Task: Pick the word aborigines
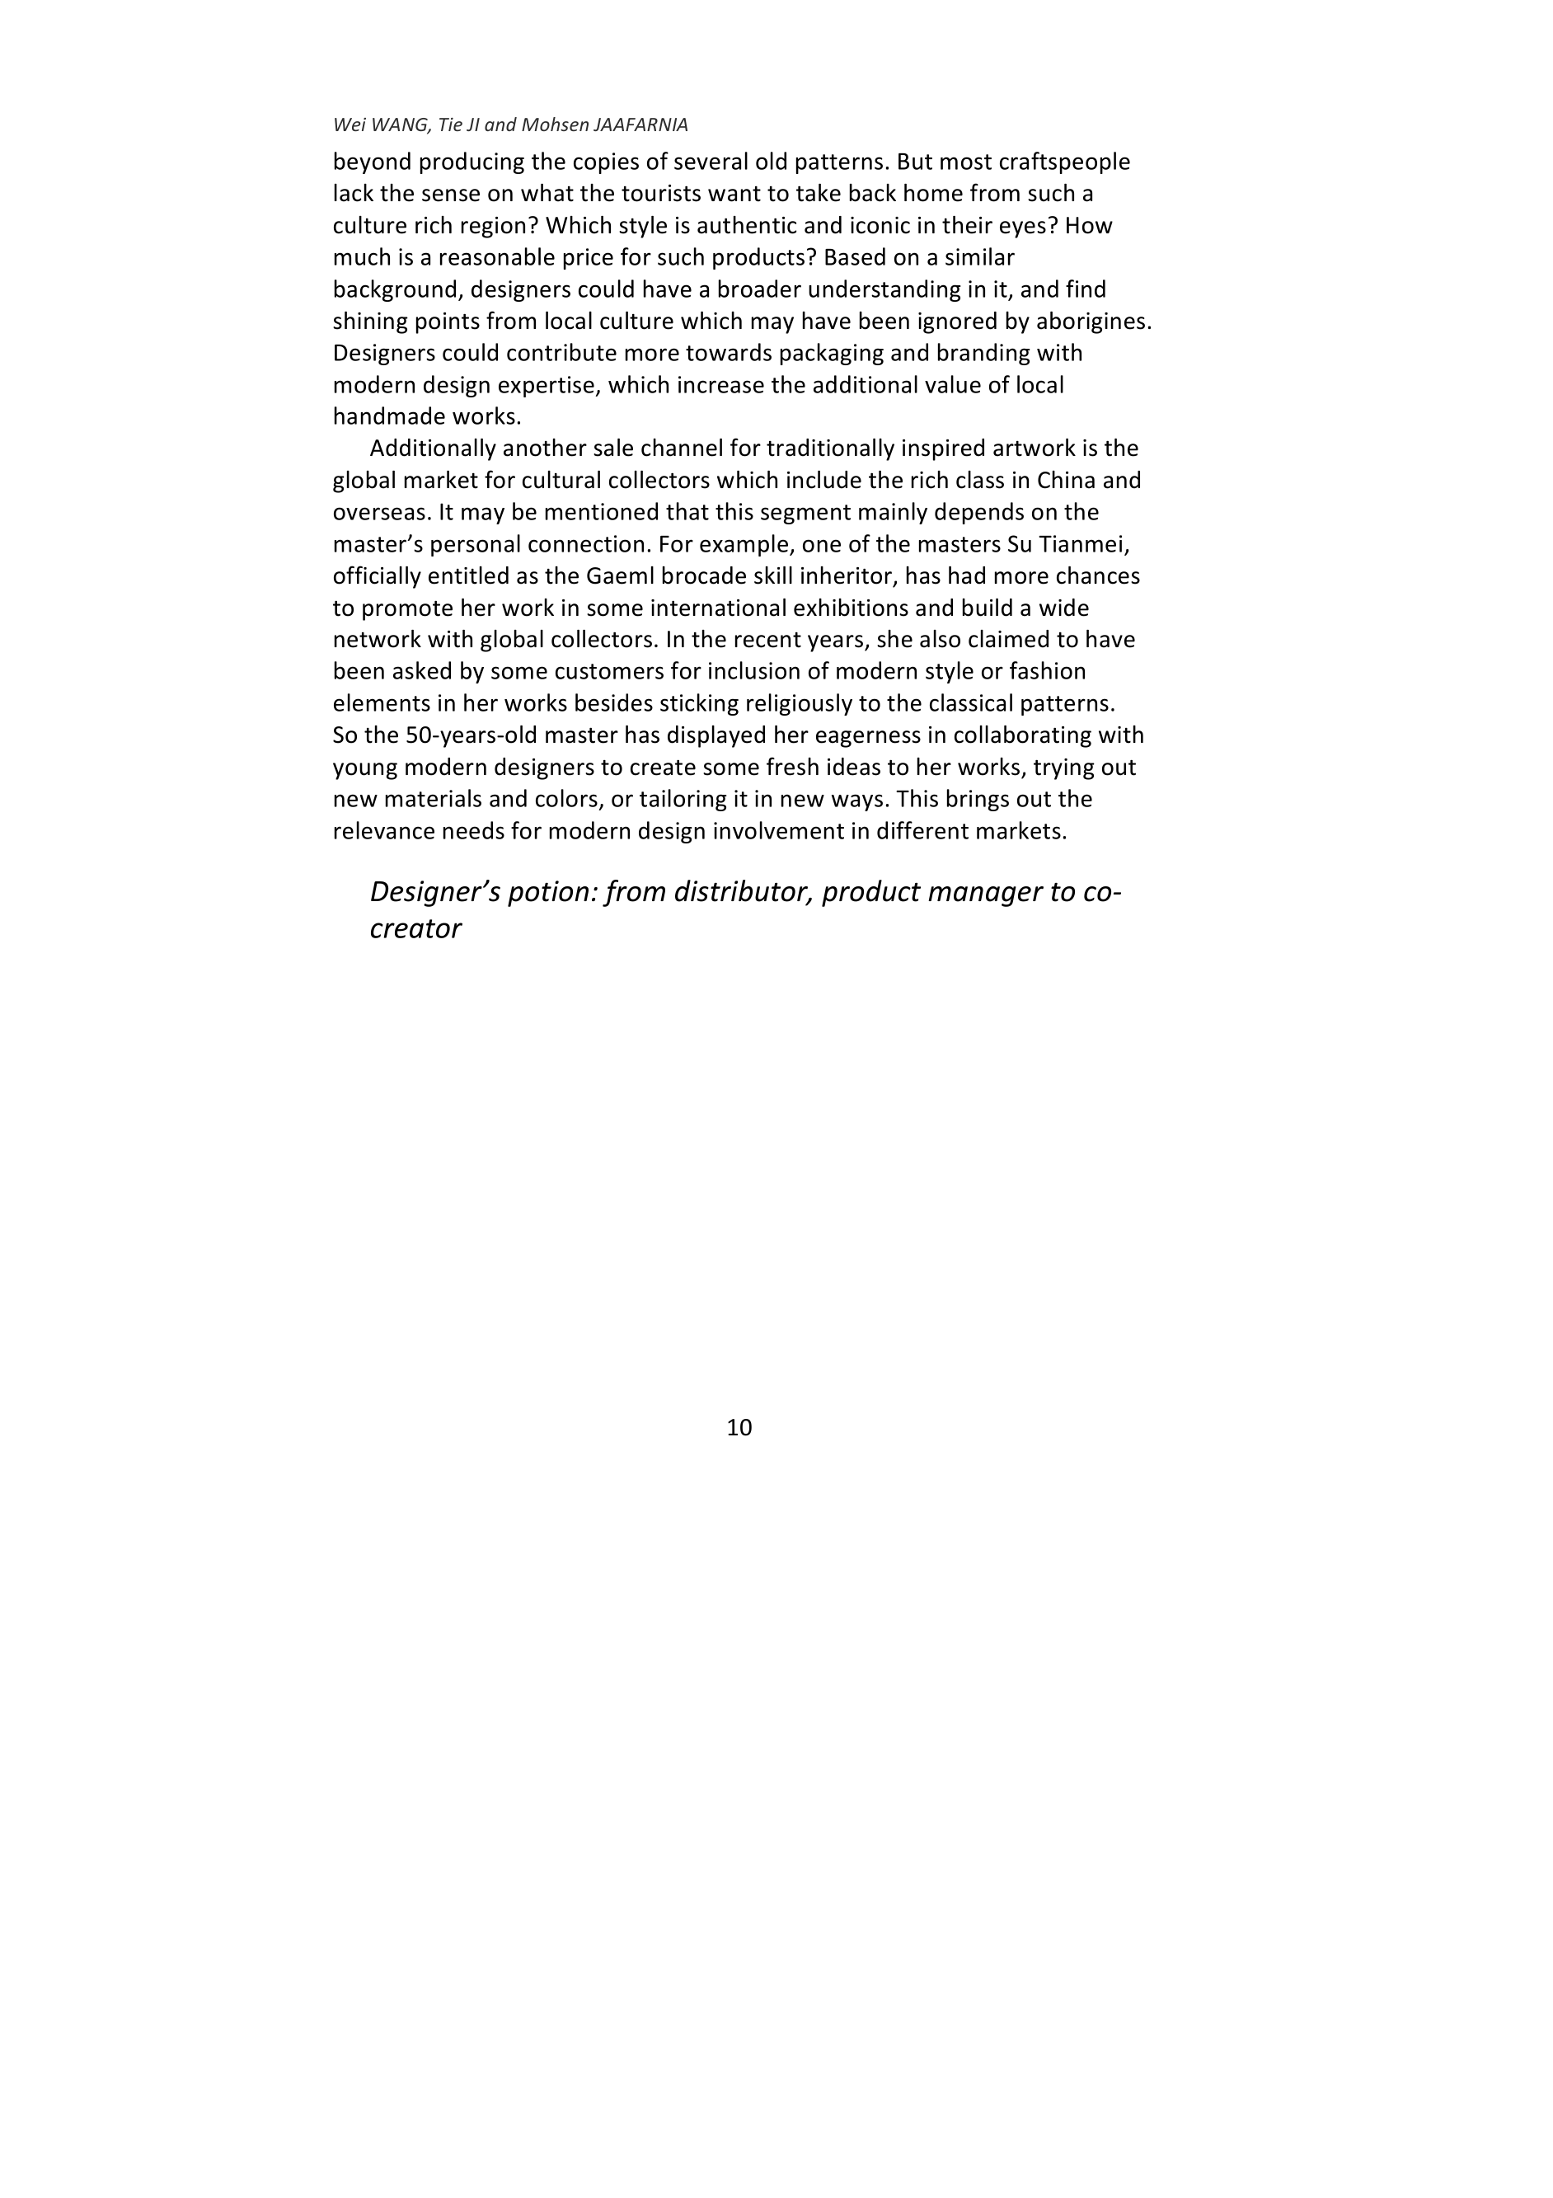coord(1091,321)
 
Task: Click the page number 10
coord(739,1428)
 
